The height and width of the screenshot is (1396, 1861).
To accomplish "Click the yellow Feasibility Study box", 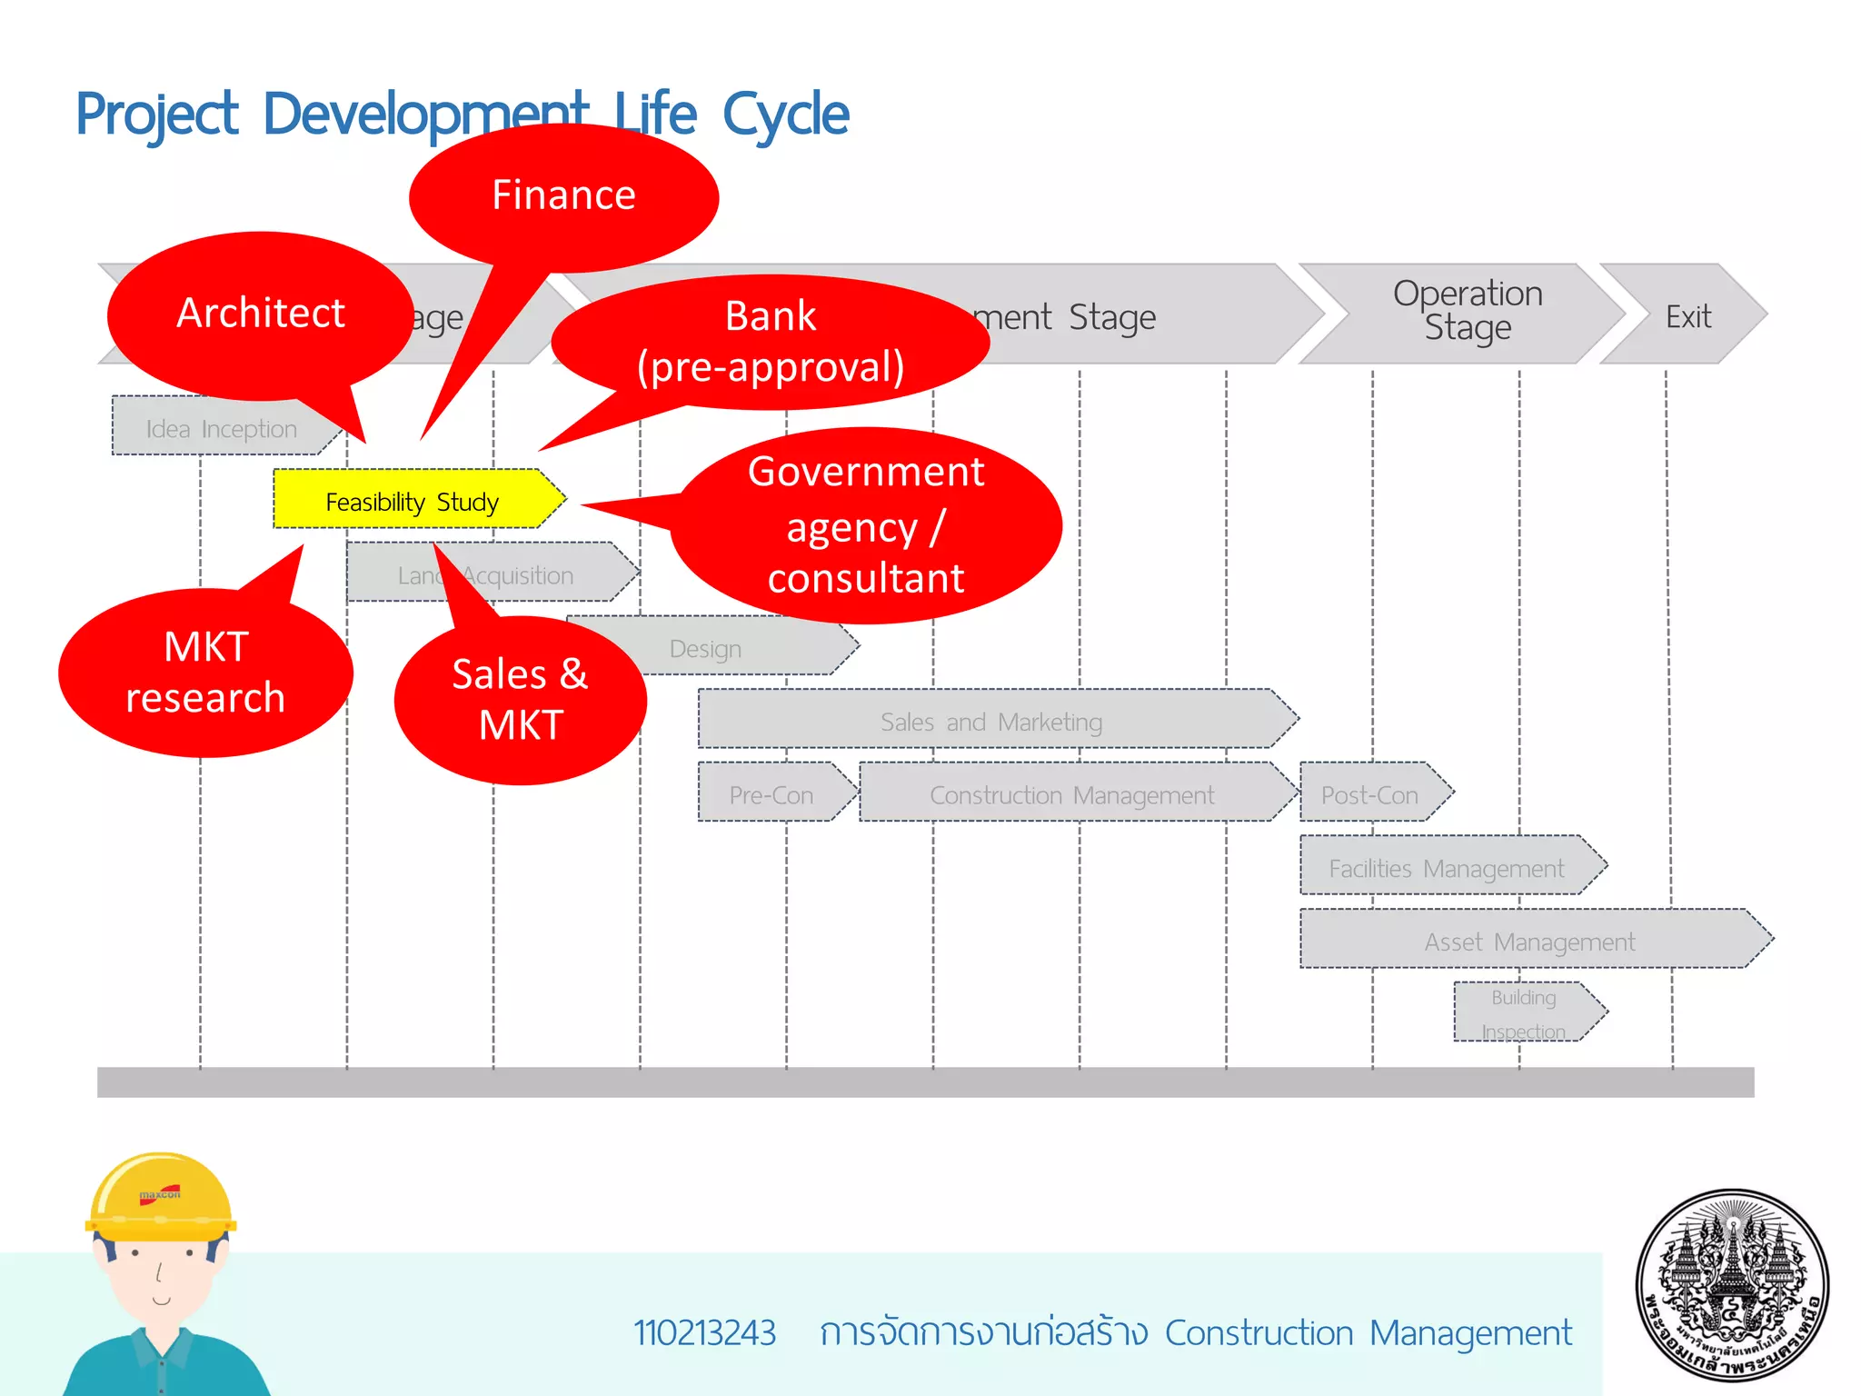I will [413, 500].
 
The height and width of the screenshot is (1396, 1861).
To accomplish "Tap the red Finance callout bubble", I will [563, 196].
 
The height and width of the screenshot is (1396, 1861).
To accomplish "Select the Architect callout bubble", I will [261, 314].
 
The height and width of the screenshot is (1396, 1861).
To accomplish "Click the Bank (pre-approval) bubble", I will [771, 342].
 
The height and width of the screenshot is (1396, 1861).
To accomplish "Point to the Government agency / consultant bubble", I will [866, 525].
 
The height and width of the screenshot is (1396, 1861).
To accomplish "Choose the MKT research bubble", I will [205, 673].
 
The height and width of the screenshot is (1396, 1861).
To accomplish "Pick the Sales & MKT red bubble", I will [520, 700].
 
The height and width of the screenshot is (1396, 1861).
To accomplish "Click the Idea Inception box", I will [222, 428].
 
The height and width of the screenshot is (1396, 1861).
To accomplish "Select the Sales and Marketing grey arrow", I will [992, 721].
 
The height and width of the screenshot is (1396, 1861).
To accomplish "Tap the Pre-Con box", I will [771, 794].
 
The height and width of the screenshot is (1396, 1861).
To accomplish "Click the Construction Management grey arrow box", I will [1072, 794].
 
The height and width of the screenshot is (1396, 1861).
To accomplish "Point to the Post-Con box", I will [1369, 794].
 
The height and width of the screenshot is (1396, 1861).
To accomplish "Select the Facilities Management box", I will [1447, 867].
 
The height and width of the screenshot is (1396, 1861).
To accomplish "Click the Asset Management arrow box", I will [1529, 941].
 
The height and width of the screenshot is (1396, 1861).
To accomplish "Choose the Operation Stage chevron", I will [1468, 311].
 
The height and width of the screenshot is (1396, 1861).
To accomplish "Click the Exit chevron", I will [1688, 316].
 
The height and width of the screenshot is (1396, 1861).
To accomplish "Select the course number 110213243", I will [704, 1332].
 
